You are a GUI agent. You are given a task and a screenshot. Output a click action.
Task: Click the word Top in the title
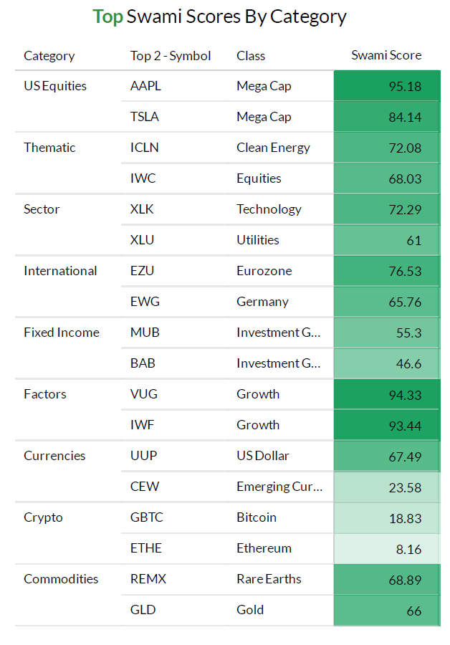tap(107, 16)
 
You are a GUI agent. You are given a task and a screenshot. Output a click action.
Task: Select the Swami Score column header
tap(386, 55)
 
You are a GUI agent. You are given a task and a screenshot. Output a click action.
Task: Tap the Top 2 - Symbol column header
tap(171, 55)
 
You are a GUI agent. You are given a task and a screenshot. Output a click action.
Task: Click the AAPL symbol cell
tap(145, 86)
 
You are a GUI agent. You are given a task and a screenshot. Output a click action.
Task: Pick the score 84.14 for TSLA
tap(405, 117)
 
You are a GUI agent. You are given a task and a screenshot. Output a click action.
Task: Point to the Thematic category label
tap(49, 148)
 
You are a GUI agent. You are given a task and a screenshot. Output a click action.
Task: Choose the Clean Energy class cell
tap(273, 148)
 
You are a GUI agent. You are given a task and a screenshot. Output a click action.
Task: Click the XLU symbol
tap(142, 240)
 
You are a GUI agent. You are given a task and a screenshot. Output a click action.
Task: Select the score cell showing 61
tap(413, 240)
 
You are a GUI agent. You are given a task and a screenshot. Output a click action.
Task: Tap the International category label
tap(60, 271)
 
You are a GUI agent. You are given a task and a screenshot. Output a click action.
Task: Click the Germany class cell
tap(262, 302)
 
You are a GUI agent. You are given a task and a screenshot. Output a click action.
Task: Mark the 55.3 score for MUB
tap(408, 333)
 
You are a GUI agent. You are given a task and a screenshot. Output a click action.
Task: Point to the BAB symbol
tap(143, 363)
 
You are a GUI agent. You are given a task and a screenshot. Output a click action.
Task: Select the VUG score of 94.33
tap(405, 394)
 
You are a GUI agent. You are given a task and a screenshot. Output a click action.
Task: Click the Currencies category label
tap(54, 456)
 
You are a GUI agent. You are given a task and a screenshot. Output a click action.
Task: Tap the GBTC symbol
tap(148, 517)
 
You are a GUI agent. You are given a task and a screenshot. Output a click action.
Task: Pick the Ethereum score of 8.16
tap(408, 548)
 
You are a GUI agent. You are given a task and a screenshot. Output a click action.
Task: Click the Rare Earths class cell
tap(269, 579)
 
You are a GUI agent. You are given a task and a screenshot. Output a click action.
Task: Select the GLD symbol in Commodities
tap(142, 610)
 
